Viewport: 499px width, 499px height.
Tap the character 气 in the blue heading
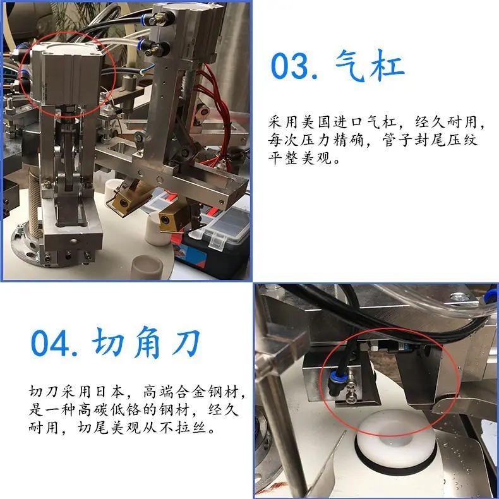coord(349,64)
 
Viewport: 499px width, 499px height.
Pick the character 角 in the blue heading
coord(147,342)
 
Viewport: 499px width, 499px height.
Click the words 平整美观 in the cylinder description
coord(300,157)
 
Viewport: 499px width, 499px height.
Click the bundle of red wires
coord(219,114)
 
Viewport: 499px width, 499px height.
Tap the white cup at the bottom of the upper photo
coord(147,267)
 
